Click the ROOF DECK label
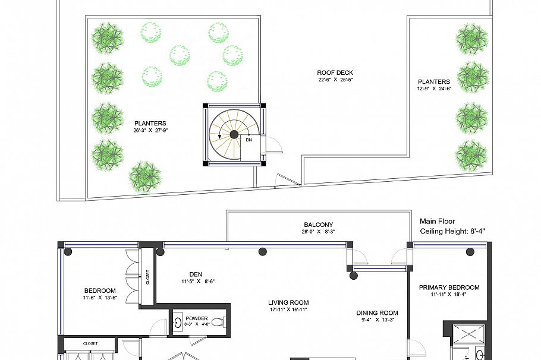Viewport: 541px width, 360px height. tap(335, 72)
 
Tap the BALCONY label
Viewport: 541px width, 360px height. tap(319, 225)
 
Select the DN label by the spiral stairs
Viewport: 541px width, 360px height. tap(249, 140)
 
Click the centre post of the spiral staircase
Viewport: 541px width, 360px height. tap(234, 134)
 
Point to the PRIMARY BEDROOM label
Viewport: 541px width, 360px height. tap(449, 288)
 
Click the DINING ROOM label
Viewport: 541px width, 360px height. tap(377, 313)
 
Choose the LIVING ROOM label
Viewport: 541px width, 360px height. tap(288, 303)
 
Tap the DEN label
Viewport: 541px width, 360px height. tap(196, 274)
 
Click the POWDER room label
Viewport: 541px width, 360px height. tap(197, 318)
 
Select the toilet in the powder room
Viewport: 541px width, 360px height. tap(218, 323)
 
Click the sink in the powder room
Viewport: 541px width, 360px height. tap(178, 323)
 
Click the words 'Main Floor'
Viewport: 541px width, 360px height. tap(438, 222)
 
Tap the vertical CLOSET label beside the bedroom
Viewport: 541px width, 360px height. tap(147, 277)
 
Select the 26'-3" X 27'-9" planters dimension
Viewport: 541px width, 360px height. tap(150, 130)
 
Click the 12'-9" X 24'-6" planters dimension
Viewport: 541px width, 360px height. tap(434, 89)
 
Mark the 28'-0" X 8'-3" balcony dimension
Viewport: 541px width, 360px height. tap(319, 232)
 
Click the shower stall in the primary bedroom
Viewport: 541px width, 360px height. tap(468, 334)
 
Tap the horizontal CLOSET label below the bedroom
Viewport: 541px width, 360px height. tap(90, 343)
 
